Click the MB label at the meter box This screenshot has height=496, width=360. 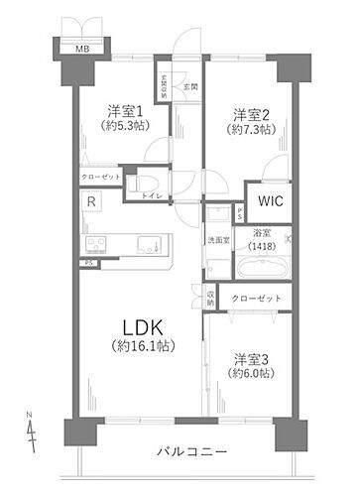(x=77, y=48)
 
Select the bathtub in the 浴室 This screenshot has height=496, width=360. (x=262, y=270)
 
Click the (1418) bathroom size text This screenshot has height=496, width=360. (x=262, y=246)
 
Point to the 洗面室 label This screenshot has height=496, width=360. (x=217, y=240)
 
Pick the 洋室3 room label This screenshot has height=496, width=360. (x=253, y=358)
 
